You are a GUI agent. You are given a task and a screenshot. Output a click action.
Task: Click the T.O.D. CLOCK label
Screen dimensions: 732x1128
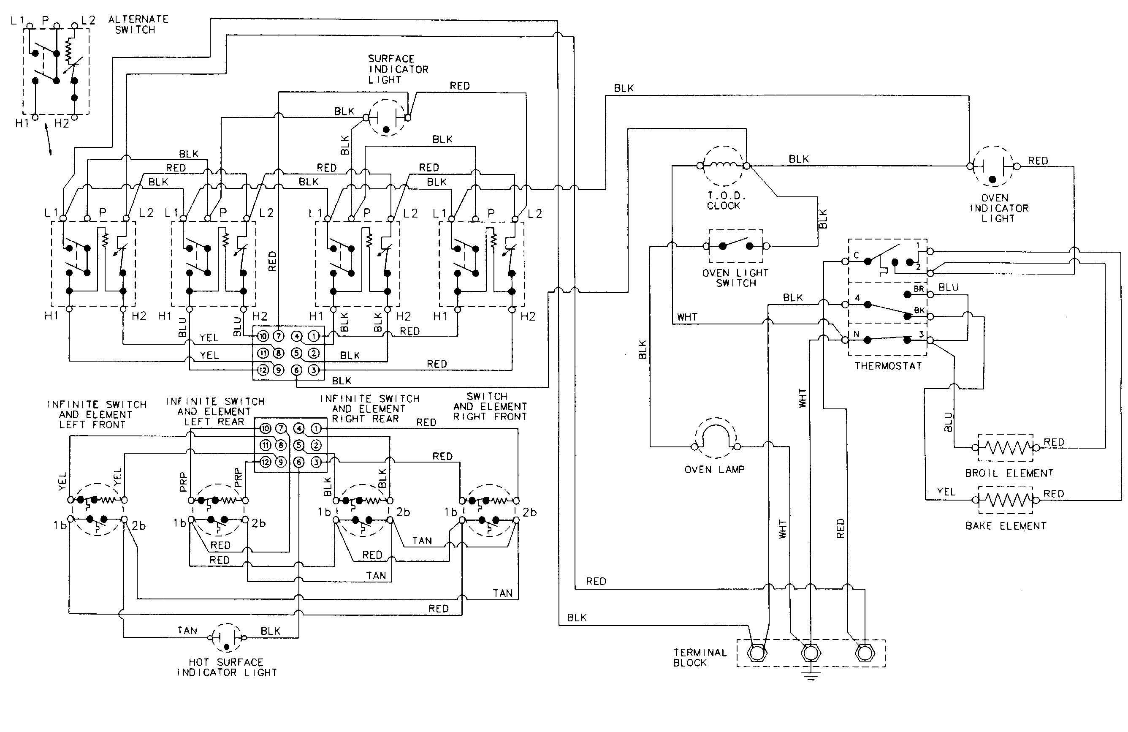click(723, 201)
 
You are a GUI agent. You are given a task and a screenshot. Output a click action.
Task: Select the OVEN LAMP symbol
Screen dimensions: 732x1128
click(716, 438)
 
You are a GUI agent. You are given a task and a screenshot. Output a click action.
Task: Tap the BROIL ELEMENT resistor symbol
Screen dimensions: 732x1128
click(1005, 447)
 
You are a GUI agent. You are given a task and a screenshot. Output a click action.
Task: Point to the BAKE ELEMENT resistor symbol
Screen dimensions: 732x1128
click(1005, 499)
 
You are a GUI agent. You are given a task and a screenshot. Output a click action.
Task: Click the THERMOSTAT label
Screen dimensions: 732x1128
click(888, 365)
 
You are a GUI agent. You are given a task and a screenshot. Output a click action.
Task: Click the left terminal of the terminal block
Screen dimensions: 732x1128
click(757, 653)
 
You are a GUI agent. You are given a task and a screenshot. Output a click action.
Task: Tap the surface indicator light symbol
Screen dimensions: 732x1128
click(387, 117)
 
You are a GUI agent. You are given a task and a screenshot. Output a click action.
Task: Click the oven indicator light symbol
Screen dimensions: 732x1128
click(992, 166)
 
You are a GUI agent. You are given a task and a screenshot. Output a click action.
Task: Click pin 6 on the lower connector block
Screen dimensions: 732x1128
click(298, 462)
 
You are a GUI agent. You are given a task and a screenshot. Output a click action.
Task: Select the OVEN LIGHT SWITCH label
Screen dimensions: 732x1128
click(735, 278)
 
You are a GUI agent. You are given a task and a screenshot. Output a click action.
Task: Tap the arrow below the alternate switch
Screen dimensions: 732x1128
click(49, 139)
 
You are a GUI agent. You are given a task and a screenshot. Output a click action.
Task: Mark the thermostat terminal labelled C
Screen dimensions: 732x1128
click(845, 261)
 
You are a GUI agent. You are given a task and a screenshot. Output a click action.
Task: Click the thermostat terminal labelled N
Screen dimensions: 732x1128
click(845, 340)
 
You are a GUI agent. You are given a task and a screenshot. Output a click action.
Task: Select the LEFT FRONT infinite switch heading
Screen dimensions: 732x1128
click(96, 414)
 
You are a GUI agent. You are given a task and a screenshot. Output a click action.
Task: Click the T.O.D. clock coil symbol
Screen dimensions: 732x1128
click(723, 166)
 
